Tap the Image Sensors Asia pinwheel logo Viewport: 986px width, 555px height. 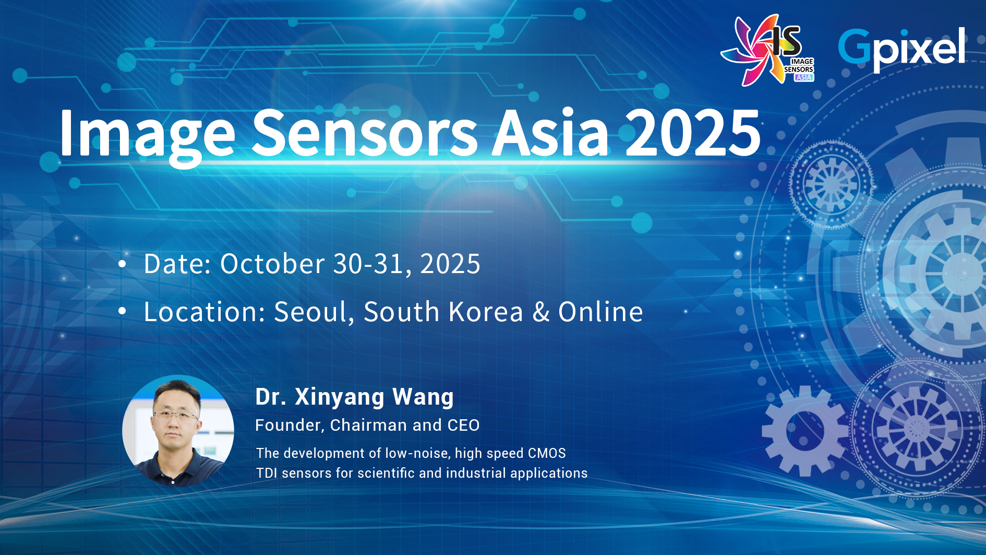[x=767, y=50]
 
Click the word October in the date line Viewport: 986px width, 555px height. [x=273, y=264]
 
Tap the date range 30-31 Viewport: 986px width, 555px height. [x=368, y=264]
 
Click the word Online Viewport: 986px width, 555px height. [x=600, y=312]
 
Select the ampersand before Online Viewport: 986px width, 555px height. [x=541, y=312]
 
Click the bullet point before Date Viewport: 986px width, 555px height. [x=122, y=264]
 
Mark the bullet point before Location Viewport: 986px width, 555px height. [x=122, y=312]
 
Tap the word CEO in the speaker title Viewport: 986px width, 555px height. [x=463, y=425]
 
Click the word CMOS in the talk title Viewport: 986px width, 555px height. [x=547, y=453]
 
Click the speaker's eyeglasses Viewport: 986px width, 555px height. [x=176, y=417]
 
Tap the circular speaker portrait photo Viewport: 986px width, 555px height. [x=178, y=431]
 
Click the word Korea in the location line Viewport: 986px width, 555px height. [x=486, y=312]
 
